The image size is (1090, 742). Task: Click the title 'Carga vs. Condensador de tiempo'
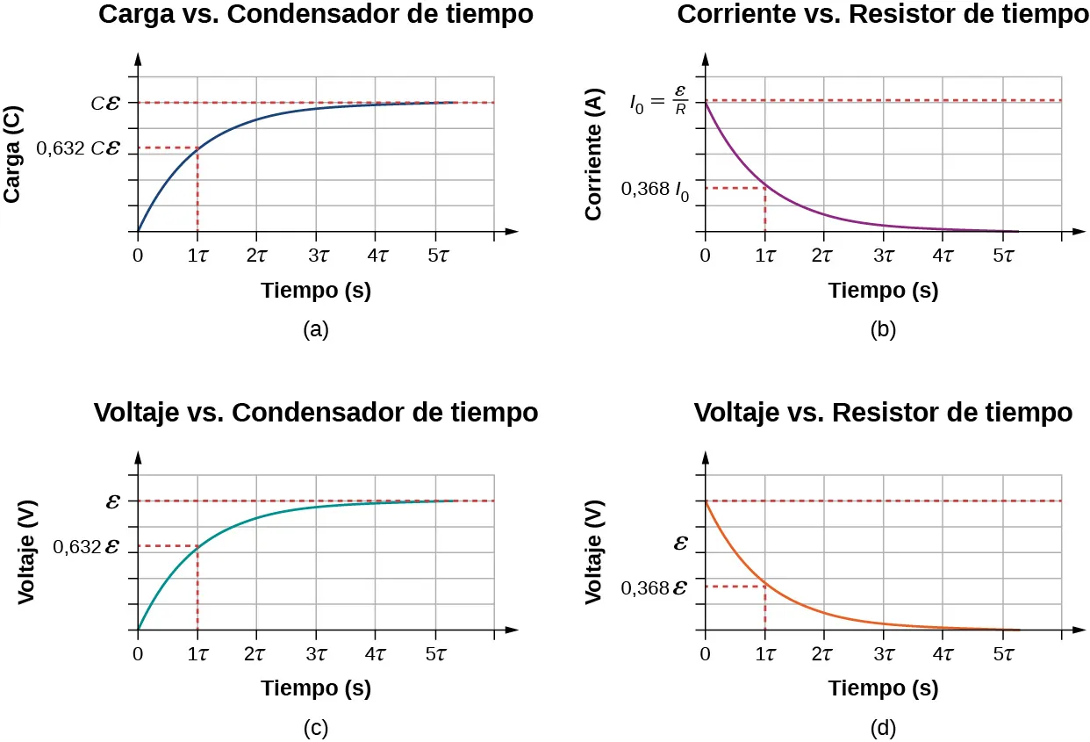[x=315, y=15]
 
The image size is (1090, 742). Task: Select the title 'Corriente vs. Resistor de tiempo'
[x=883, y=15]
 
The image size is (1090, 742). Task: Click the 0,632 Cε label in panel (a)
[x=77, y=148]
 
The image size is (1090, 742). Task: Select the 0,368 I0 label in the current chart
[x=655, y=189]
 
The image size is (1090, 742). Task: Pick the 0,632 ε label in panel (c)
[x=86, y=547]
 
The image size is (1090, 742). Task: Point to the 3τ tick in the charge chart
[x=316, y=256]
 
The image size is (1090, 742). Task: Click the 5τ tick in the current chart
[x=1002, y=256]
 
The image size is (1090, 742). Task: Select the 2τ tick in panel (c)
[x=256, y=654]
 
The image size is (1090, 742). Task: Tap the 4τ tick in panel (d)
[x=943, y=654]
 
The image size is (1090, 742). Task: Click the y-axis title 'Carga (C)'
[x=13, y=155]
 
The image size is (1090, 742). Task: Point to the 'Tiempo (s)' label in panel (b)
[x=883, y=292]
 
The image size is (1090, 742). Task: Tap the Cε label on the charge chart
[x=106, y=103]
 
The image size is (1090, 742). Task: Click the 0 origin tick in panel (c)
[x=138, y=654]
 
